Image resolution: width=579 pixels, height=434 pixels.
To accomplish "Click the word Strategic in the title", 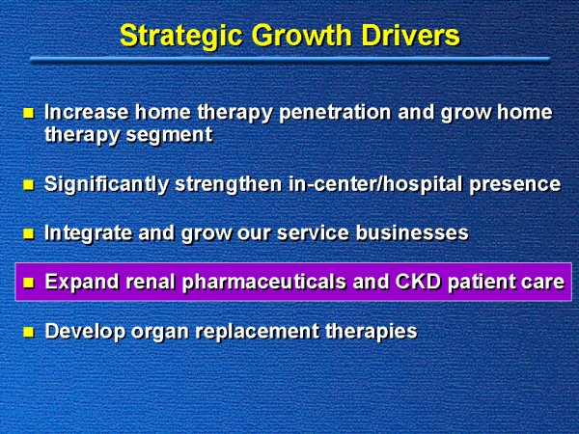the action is (x=181, y=37).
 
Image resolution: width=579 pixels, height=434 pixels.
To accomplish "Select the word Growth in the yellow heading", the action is (x=302, y=35).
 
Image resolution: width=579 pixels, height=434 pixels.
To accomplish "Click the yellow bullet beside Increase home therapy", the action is (x=28, y=113).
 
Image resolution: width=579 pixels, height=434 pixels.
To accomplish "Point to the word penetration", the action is (x=335, y=113).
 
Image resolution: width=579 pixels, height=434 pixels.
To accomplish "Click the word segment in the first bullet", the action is (x=170, y=135).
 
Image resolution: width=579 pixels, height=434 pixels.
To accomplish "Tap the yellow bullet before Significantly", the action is (x=28, y=184).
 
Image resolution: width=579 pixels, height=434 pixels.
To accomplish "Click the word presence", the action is (x=515, y=184).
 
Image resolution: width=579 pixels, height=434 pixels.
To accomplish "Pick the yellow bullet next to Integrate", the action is (x=28, y=233).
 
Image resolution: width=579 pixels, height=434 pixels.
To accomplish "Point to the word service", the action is (x=313, y=232).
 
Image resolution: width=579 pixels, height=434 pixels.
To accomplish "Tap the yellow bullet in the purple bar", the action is (x=28, y=283).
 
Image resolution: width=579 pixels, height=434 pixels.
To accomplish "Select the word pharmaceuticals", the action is (x=264, y=283).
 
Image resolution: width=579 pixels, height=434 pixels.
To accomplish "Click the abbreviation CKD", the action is (x=418, y=282).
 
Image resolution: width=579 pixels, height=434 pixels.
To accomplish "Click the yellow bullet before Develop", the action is (x=28, y=332).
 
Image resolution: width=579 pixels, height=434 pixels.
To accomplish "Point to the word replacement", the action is (x=257, y=332).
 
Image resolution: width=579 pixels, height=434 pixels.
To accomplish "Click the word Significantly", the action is (x=106, y=184).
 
